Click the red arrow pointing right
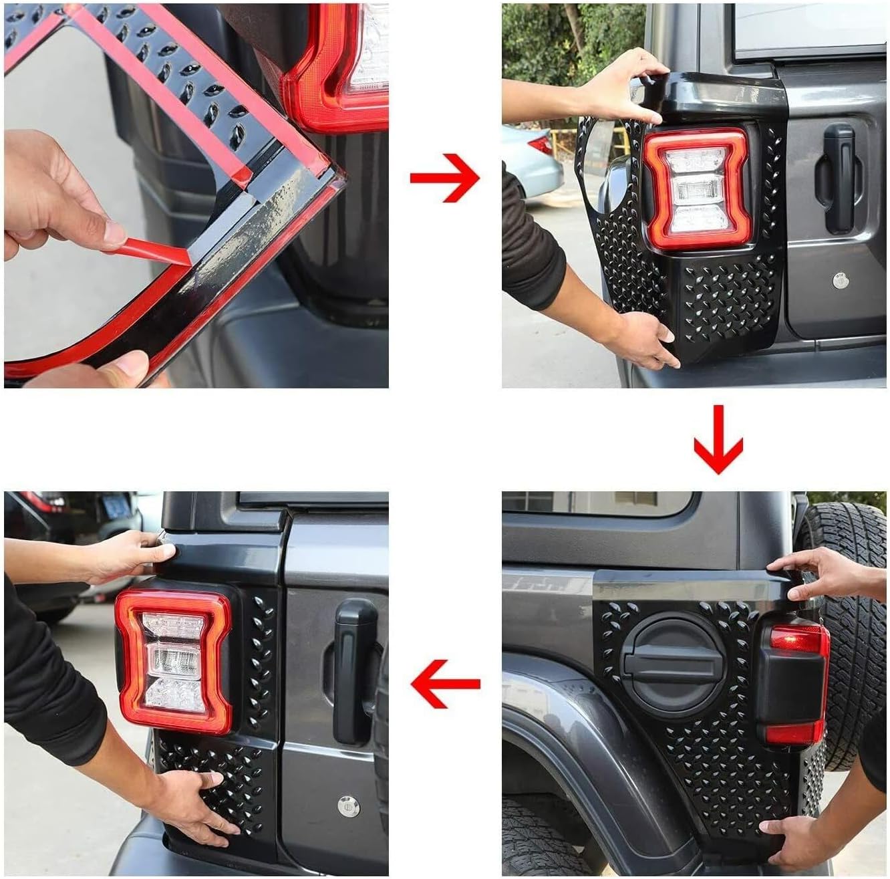[x=444, y=178]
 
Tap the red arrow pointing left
[x=444, y=682]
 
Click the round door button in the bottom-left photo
[x=347, y=805]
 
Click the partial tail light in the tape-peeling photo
[x=341, y=67]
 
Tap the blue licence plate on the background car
[x=115, y=507]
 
